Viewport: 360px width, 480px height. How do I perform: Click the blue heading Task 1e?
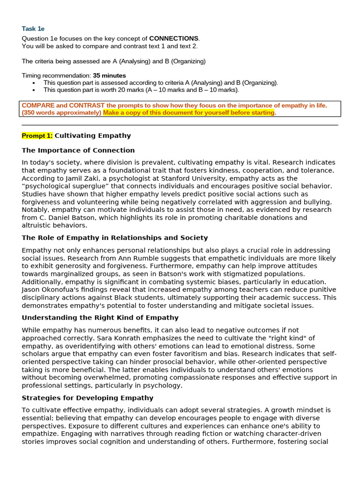33,29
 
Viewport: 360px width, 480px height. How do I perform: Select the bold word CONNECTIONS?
174,38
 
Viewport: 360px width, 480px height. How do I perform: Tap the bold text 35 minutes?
109,75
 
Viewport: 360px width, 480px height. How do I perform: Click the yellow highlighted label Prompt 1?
37,136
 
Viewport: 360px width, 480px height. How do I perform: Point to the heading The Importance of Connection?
78,150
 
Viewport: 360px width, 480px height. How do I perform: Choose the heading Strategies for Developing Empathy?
87,398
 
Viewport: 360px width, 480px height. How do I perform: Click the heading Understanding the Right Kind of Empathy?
100,318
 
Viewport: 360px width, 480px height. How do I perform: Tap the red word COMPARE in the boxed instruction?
38,105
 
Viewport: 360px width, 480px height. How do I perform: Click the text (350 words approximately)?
61,113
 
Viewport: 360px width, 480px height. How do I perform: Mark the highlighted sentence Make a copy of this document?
188,113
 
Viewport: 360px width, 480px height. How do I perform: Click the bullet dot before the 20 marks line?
34,90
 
